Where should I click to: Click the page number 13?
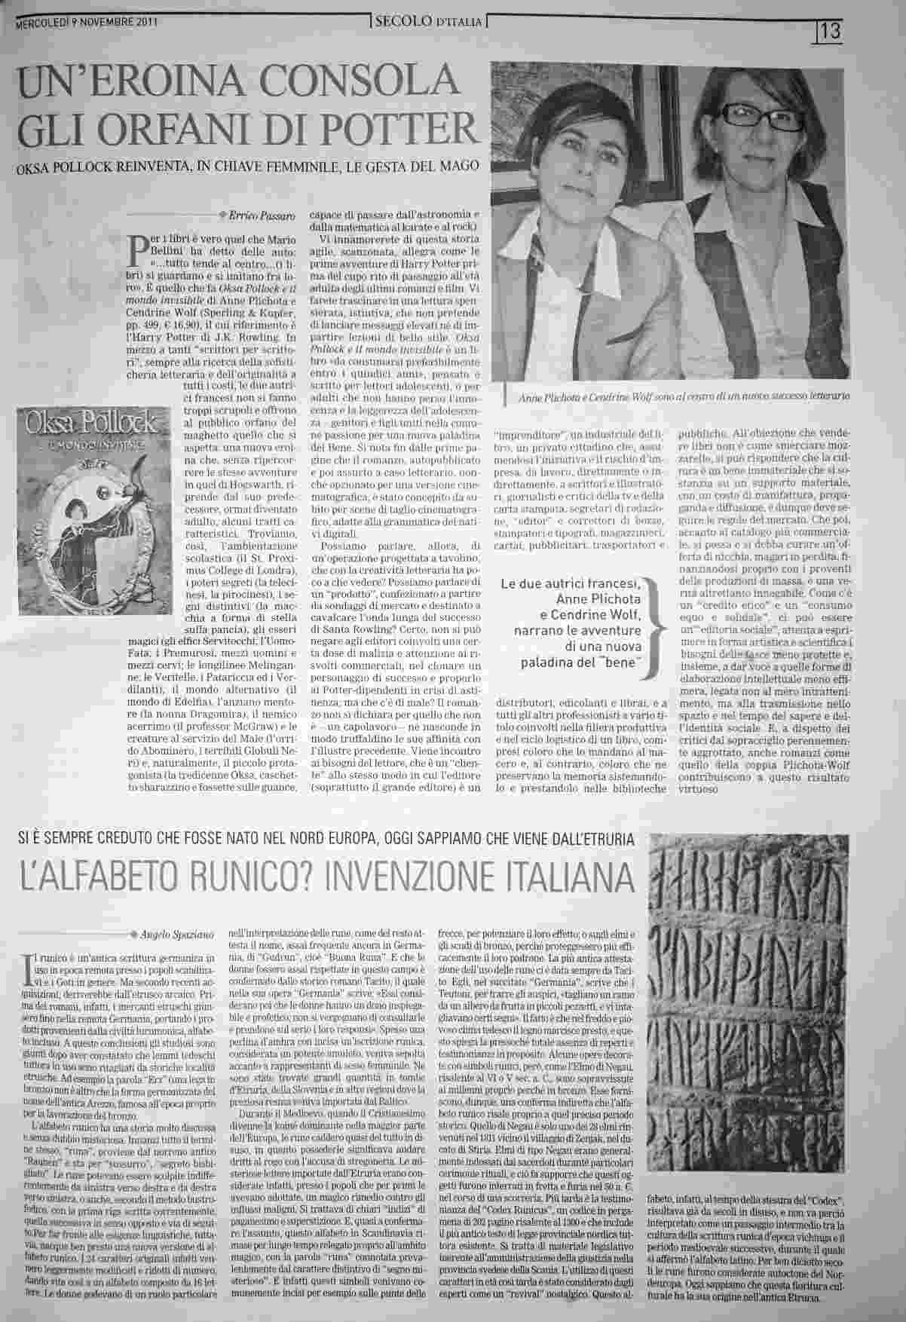click(831, 31)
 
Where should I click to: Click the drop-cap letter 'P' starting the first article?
click(137, 245)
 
